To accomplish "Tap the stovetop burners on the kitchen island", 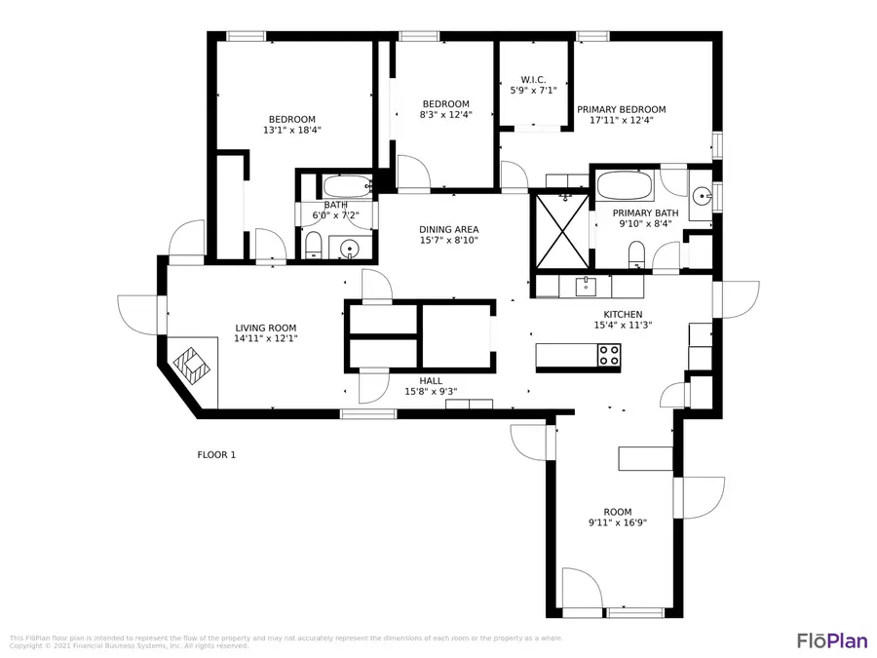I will click(x=609, y=356).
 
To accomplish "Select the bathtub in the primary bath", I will click(x=625, y=184).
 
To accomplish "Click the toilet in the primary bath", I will click(x=637, y=254).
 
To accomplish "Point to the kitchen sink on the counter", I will click(x=586, y=286).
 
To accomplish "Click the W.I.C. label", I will click(x=533, y=79).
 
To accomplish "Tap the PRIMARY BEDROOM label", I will click(x=621, y=109).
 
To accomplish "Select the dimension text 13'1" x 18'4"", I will click(x=291, y=130).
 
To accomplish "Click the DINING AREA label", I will click(x=449, y=229).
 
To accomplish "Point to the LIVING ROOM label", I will click(x=265, y=328).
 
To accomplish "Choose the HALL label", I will click(x=431, y=381).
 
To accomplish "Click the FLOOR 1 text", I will click(x=216, y=454).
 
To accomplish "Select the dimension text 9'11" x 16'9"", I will click(x=617, y=523).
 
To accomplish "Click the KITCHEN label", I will click(x=623, y=314).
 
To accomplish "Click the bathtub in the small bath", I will click(x=346, y=185).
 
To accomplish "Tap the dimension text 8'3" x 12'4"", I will click(x=445, y=115).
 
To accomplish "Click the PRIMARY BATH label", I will click(x=645, y=213).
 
